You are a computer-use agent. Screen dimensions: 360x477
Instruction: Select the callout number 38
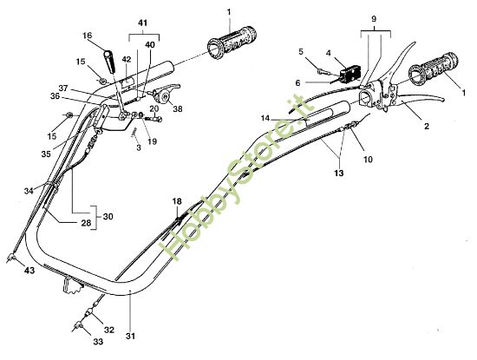[x=179, y=110]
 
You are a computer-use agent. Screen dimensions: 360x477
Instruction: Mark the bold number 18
[x=177, y=201]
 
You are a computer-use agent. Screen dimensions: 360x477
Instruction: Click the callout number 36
[x=55, y=95]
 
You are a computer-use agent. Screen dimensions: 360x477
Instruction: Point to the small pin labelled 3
[x=135, y=131]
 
